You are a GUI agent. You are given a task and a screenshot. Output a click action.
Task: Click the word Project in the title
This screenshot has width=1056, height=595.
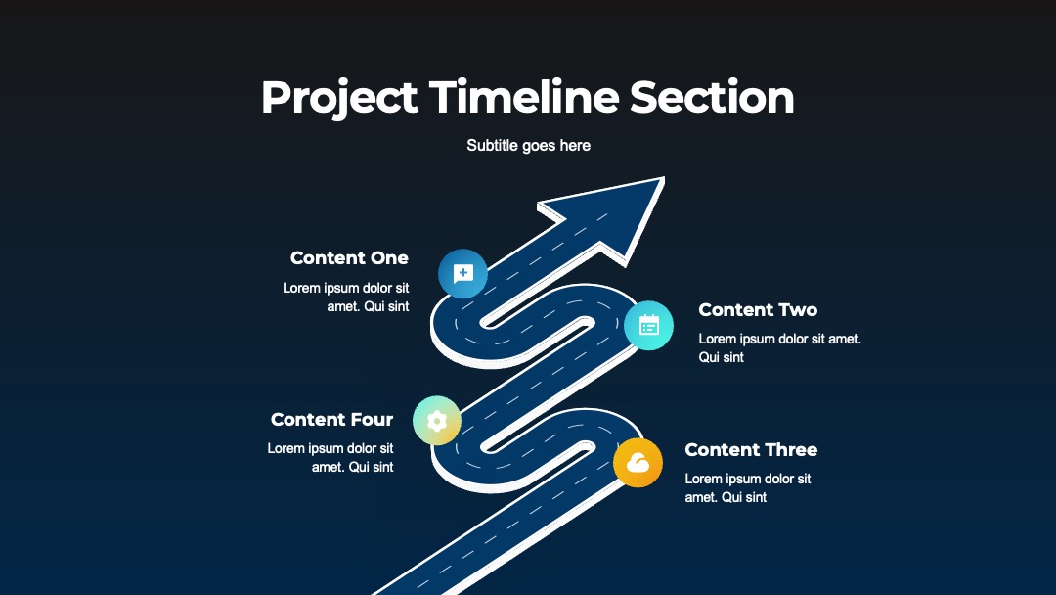[339, 99]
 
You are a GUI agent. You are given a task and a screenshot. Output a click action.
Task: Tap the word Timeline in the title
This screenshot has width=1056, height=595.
[524, 97]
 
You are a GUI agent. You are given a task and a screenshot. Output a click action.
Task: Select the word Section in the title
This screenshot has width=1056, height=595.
[712, 97]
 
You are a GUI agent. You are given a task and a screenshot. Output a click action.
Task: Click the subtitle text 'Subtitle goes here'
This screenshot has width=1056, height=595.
[529, 146]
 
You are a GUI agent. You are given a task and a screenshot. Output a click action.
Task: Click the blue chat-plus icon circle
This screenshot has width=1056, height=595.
[462, 274]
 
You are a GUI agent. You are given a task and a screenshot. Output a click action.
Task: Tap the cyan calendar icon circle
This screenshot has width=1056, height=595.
[648, 326]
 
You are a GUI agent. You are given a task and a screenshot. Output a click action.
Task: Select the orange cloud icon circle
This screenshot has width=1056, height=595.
[638, 462]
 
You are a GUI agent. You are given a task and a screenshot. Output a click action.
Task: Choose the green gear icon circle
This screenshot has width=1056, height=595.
[437, 421]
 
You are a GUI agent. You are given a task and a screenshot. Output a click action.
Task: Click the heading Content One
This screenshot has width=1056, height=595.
[349, 258]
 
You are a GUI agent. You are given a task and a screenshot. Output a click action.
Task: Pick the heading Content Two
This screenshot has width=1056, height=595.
[758, 310]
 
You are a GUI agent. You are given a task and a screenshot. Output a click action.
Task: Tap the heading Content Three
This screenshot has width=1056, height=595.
[751, 449]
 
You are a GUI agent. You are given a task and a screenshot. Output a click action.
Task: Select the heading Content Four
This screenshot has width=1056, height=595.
[332, 419]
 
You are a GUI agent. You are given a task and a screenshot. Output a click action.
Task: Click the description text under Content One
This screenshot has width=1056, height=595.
[346, 297]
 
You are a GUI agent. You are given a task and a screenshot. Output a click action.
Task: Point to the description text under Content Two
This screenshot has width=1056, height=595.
[780, 347]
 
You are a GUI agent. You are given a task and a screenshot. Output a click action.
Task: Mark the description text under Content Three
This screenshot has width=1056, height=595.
[748, 488]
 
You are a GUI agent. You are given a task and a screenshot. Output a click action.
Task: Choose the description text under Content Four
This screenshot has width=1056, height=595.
[330, 458]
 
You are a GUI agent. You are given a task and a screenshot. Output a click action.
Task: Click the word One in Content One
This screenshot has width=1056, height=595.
[388, 258]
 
